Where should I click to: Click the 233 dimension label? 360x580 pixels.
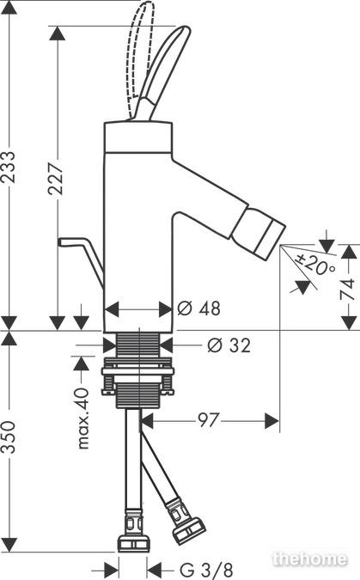(x=8, y=168)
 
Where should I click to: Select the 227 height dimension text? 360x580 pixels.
(x=56, y=179)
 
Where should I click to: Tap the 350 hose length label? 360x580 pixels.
(x=8, y=437)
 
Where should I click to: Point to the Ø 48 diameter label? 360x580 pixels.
(x=198, y=308)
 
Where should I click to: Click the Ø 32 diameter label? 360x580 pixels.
(x=229, y=345)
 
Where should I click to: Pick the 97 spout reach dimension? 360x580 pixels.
(x=209, y=420)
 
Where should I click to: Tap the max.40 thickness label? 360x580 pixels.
(x=82, y=418)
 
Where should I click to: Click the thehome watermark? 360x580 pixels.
(x=310, y=559)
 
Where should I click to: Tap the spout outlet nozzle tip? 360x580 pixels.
(x=259, y=235)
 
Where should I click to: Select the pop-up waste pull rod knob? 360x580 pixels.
(x=64, y=241)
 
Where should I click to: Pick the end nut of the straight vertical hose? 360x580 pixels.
(x=133, y=543)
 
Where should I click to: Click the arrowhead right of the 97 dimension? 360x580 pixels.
(x=272, y=421)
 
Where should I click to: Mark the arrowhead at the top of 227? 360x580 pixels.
(x=57, y=34)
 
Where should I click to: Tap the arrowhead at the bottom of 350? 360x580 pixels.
(x=8, y=545)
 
